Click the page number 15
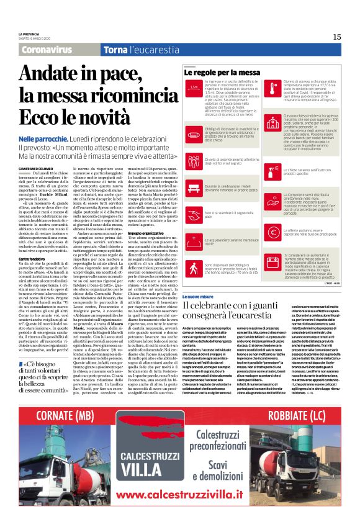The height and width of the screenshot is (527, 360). (337, 37)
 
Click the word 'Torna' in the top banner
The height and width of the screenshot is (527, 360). (99, 48)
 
